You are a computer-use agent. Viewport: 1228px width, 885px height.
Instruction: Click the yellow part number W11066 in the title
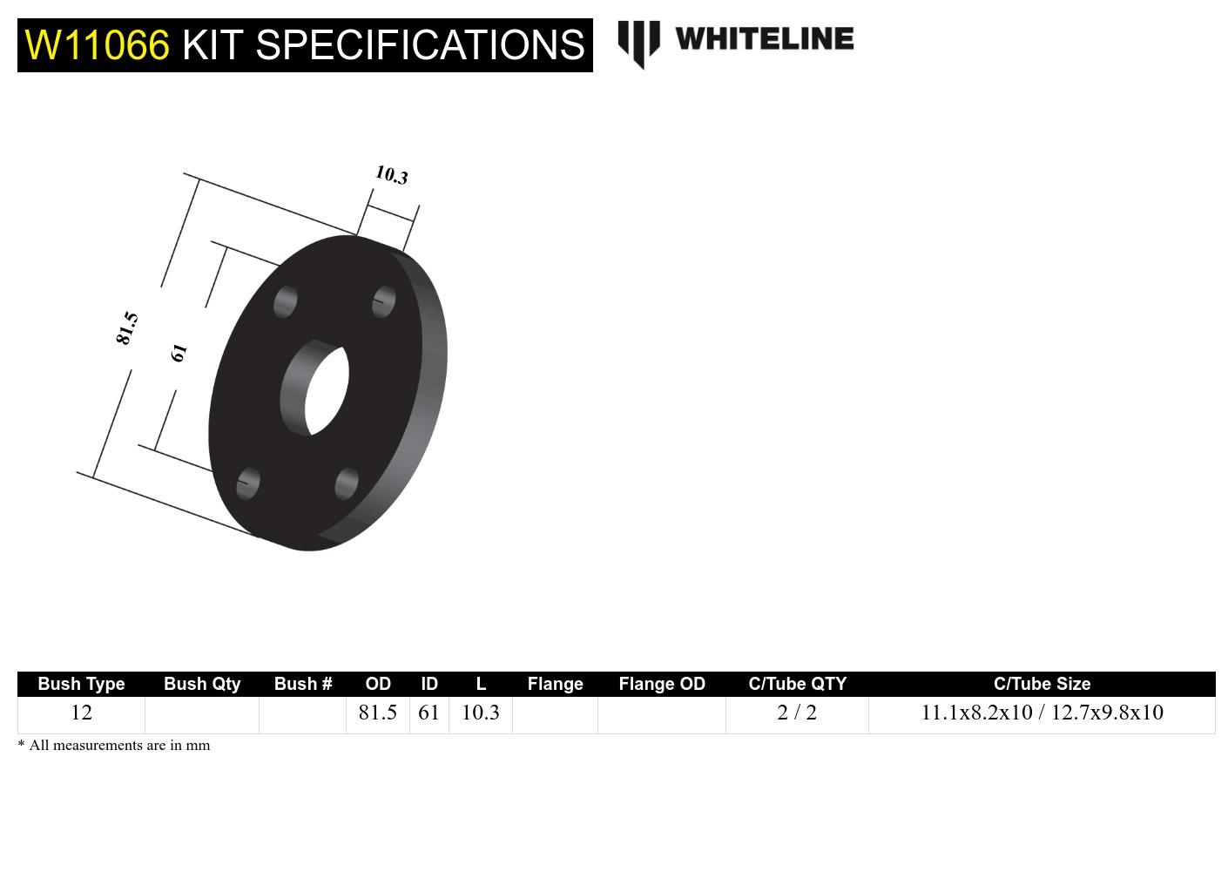pyautogui.click(x=97, y=45)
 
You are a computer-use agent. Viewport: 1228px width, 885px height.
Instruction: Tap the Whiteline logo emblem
pyautogui.click(x=638, y=43)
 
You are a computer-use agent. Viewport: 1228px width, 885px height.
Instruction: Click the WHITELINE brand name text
pyautogui.click(x=764, y=39)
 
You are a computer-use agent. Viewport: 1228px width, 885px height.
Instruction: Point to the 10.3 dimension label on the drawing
pyautogui.click(x=391, y=175)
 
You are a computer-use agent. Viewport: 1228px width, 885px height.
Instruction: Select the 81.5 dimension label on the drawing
pyautogui.click(x=127, y=328)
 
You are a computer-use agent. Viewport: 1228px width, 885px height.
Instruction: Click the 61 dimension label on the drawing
pyautogui.click(x=179, y=352)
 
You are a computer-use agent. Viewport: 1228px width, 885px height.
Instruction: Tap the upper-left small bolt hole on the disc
pyautogui.click(x=285, y=302)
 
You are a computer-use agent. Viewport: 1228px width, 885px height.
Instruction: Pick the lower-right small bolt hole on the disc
pyautogui.click(x=347, y=483)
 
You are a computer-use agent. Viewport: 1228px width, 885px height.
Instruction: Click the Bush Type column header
pyautogui.click(x=81, y=684)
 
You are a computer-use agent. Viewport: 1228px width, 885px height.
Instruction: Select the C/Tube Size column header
pyautogui.click(x=1042, y=684)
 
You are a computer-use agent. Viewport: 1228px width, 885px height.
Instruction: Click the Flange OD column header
pyautogui.click(x=662, y=684)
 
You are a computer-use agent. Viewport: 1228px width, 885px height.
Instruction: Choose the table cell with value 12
pyautogui.click(x=81, y=713)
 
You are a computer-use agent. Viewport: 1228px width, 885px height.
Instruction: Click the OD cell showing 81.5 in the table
pyautogui.click(x=377, y=713)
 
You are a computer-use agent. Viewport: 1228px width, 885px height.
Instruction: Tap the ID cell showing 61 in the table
pyautogui.click(x=428, y=713)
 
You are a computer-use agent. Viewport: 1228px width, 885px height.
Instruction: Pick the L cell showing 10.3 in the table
pyautogui.click(x=480, y=713)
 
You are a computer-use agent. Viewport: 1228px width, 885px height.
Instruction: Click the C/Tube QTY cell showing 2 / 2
pyautogui.click(x=797, y=713)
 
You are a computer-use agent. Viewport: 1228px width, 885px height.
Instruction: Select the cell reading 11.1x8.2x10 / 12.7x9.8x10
pyautogui.click(x=1042, y=713)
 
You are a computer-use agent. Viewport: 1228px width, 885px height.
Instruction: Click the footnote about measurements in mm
pyautogui.click(x=114, y=746)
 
